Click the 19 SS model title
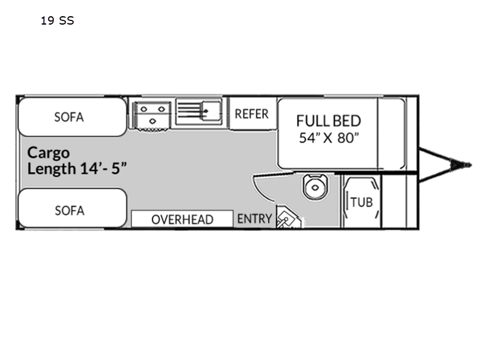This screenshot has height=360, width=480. click(x=57, y=20)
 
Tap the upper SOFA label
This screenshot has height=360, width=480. click(x=69, y=117)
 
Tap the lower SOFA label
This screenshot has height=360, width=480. click(x=70, y=211)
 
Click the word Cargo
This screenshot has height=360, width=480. click(x=49, y=154)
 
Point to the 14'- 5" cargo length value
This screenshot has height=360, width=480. click(x=103, y=168)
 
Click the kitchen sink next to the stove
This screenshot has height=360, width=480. click(x=199, y=112)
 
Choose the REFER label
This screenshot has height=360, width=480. click(x=251, y=114)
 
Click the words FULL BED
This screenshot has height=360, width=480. click(x=328, y=121)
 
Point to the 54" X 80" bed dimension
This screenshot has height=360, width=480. click(x=329, y=138)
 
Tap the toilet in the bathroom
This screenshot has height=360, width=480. click(x=315, y=187)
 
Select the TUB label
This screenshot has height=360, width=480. click(x=362, y=202)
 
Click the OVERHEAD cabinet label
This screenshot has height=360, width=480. click(x=182, y=220)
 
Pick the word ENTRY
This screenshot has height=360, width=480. click(x=254, y=219)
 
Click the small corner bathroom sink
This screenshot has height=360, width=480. click(x=286, y=218)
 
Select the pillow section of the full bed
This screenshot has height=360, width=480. click(x=392, y=133)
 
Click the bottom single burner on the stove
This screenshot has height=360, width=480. click(x=152, y=122)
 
